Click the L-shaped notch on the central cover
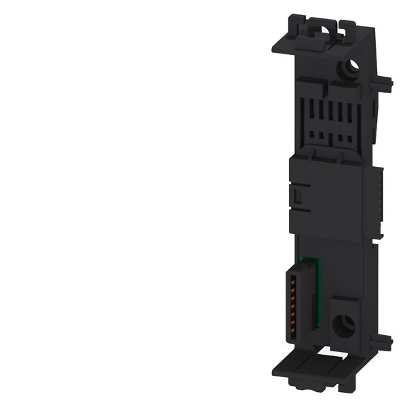[x=296, y=197]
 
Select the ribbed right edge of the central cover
[x=379, y=190]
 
